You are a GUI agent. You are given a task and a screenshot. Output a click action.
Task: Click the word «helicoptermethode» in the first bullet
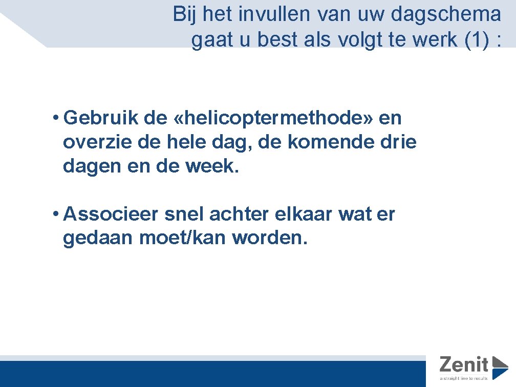274,119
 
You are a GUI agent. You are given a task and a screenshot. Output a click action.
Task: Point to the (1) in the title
476,40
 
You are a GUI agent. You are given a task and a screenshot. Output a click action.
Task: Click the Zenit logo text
464,364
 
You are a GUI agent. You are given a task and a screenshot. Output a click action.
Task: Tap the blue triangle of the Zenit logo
499,367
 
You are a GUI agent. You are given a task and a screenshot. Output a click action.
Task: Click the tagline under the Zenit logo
466,379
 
